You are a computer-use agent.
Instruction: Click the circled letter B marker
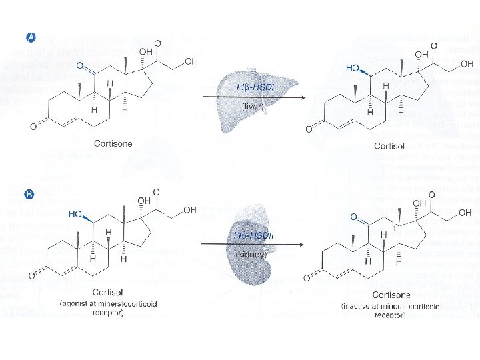tap(29, 195)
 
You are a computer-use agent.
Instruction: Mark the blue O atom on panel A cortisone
tap(80, 67)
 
